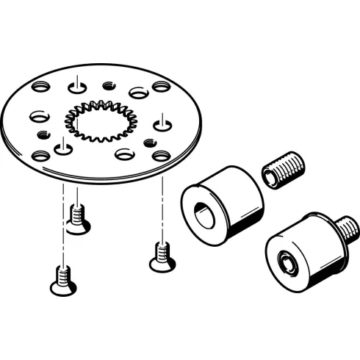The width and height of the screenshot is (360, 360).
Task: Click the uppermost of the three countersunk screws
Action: coord(77,216)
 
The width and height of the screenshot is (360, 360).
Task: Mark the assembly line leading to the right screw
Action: coord(160,206)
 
